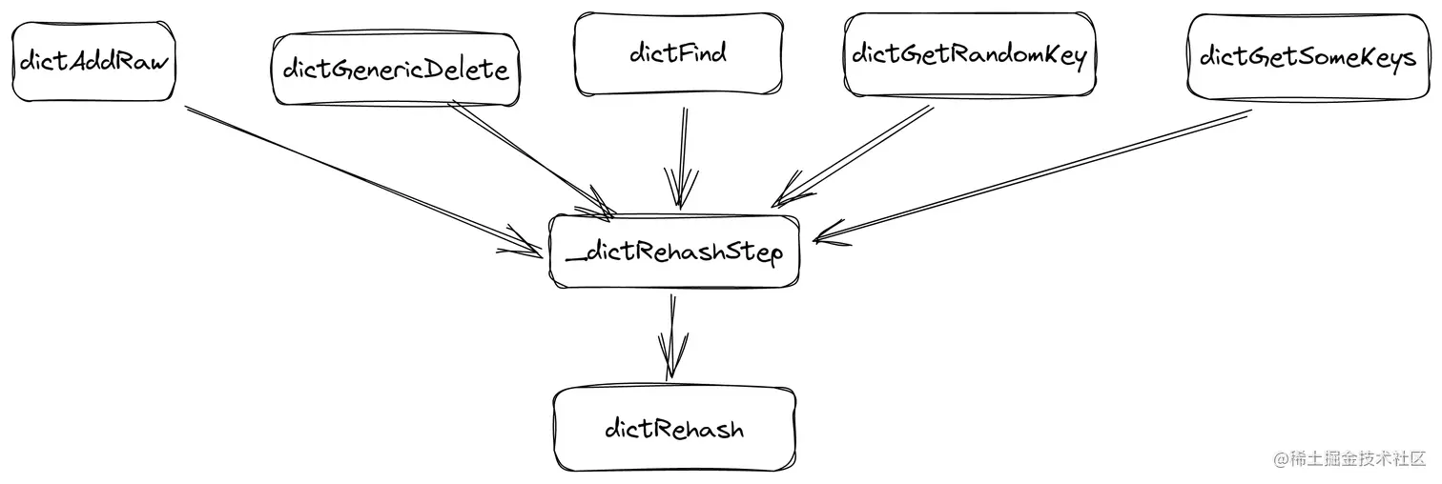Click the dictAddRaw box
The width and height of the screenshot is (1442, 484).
tap(93, 64)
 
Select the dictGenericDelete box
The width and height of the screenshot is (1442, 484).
tap(396, 70)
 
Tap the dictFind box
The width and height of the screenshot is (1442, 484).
tap(677, 53)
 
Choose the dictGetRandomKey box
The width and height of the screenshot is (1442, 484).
tap(969, 55)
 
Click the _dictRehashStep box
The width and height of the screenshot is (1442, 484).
tap(674, 252)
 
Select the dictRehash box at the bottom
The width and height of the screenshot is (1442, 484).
tap(674, 429)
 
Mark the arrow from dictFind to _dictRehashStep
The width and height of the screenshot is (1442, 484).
tap(681, 152)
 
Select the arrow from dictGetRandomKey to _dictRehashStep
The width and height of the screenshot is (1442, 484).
tap(854, 152)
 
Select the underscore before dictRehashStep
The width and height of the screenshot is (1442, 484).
tap(572, 258)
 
